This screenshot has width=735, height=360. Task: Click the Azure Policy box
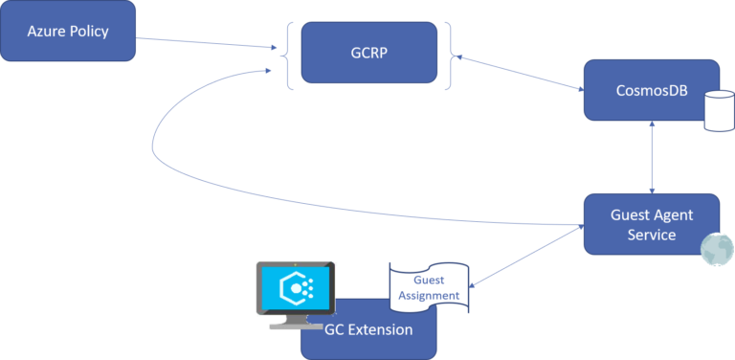[68, 33]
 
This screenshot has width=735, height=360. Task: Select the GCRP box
[369, 53]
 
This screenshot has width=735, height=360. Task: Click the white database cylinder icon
[717, 111]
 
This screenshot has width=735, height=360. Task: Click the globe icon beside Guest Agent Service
[717, 249]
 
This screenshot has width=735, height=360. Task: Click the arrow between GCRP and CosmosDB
[517, 73]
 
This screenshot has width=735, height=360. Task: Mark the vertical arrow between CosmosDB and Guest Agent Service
[652, 157]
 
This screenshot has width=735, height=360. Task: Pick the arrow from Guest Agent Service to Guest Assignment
[526, 254]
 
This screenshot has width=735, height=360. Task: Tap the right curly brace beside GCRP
[448, 54]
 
